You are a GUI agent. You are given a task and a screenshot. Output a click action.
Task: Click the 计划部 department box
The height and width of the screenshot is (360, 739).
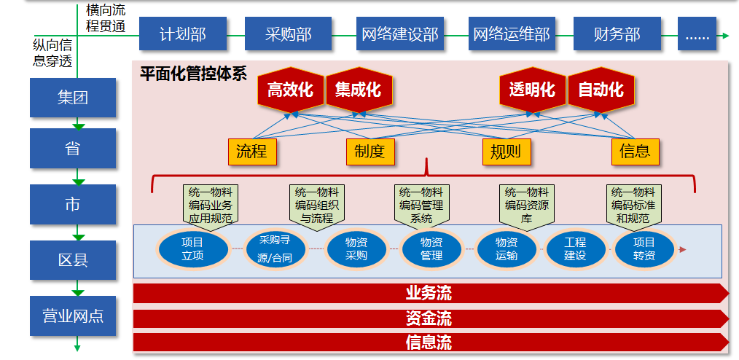[182, 34]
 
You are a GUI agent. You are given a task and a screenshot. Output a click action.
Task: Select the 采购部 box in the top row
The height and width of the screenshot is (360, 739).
[289, 34]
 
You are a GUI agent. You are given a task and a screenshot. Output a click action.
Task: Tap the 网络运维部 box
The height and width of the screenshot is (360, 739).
[511, 34]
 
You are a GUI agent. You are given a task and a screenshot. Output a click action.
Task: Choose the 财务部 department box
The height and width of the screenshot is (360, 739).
[617, 34]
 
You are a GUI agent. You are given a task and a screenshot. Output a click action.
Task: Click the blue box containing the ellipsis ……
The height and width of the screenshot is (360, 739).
[697, 34]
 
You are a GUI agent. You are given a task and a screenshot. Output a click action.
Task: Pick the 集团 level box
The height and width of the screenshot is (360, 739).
[73, 98]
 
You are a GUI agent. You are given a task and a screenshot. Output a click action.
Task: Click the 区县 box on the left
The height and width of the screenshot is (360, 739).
[73, 260]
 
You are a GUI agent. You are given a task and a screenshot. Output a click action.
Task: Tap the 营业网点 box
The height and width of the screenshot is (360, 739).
[73, 316]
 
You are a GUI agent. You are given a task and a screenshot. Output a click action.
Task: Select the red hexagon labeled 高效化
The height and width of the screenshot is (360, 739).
[290, 90]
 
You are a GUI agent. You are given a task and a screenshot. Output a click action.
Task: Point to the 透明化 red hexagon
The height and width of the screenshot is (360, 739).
[532, 90]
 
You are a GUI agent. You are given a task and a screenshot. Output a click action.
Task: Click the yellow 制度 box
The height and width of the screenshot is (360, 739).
[369, 152]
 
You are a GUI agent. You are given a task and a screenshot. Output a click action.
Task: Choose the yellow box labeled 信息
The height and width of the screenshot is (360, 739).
[635, 152]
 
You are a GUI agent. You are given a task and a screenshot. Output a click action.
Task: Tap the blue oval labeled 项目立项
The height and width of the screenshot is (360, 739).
[192, 249]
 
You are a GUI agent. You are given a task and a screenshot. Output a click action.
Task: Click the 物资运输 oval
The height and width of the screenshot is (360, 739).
[507, 249]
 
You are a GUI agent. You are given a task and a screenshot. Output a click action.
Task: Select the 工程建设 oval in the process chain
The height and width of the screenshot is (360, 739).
[575, 249]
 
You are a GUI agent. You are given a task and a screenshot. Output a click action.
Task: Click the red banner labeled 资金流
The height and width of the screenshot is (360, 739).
[429, 318]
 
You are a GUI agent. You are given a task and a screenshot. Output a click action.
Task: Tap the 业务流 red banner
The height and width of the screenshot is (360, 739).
[429, 294]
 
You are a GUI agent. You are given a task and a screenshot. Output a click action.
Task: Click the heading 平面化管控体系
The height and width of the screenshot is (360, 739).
[193, 74]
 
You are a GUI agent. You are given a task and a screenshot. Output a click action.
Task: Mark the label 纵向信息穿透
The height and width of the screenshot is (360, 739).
[52, 54]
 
